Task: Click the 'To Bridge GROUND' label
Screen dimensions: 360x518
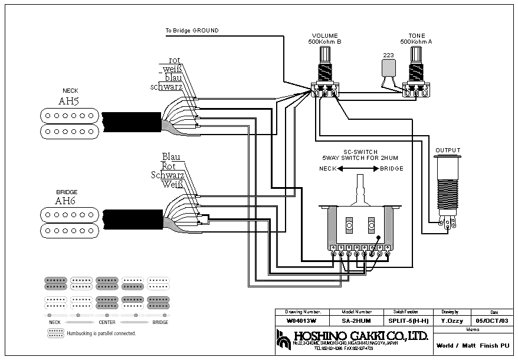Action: pyautogui.click(x=192, y=30)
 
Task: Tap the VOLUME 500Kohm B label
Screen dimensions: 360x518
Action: pyautogui.click(x=324, y=39)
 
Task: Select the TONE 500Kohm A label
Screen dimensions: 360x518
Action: pyautogui.click(x=416, y=39)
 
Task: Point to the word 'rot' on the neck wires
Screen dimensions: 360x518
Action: pyautogui.click(x=175, y=60)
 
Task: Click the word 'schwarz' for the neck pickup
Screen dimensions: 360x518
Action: pyautogui.click(x=166, y=87)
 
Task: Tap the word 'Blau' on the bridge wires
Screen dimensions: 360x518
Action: pyautogui.click(x=171, y=157)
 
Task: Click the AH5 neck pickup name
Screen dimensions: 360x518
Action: pyautogui.click(x=69, y=101)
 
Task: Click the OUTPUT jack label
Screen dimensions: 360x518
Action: pyautogui.click(x=448, y=150)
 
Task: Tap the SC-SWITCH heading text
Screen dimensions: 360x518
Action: pyautogui.click(x=360, y=152)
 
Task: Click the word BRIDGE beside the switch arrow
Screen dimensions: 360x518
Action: pyautogui.click(x=392, y=169)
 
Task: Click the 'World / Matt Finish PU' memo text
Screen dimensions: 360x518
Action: pyautogui.click(x=474, y=345)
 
